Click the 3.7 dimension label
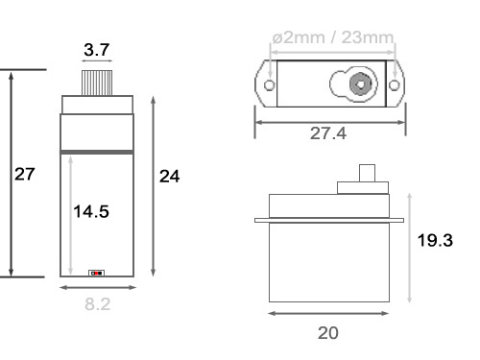pos(97,50)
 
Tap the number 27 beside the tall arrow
pos(25,175)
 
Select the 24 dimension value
pos(170,177)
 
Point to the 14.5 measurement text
pos(91,211)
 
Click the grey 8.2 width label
pos(98,304)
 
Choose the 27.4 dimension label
pos(328,133)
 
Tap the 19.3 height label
pos(435,240)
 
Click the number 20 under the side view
pos(328,333)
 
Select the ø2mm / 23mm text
pos(333,37)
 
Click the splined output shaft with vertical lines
pos(97,83)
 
